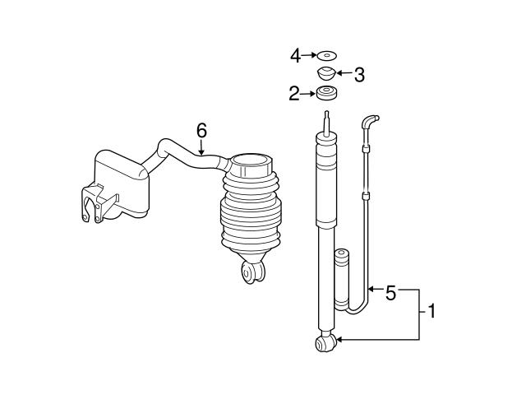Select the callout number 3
point(358,75)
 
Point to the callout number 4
point(295,56)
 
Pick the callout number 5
point(391,291)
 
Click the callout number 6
point(201,129)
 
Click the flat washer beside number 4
point(327,56)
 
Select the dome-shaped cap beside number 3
point(328,75)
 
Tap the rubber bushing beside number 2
point(327,94)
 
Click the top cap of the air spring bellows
point(251,161)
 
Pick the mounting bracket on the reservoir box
point(95,207)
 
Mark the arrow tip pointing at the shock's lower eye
point(338,339)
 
